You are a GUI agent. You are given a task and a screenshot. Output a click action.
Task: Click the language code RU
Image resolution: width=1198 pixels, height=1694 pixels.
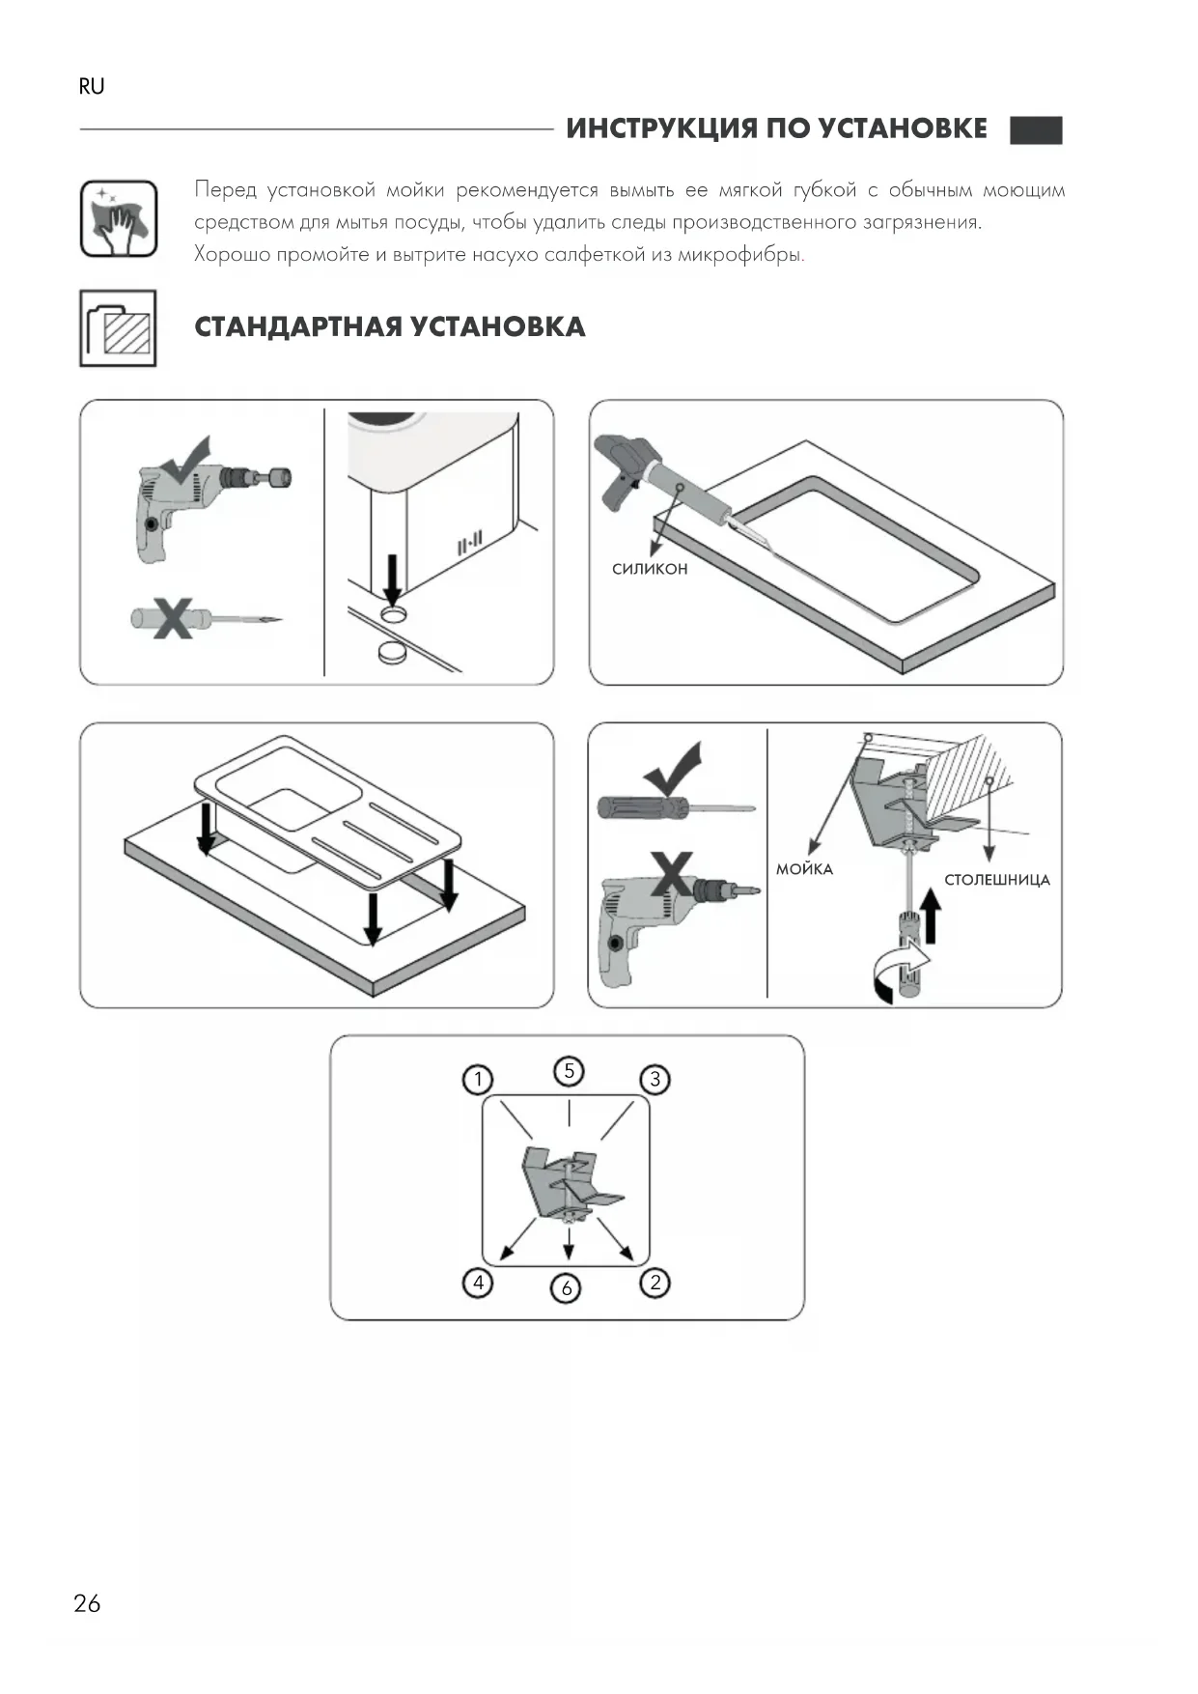(x=91, y=87)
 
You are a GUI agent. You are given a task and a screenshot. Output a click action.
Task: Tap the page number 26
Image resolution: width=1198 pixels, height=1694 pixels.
(x=87, y=1603)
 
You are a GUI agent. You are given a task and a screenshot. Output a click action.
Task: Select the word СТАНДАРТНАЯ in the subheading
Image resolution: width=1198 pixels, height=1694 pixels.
(x=297, y=326)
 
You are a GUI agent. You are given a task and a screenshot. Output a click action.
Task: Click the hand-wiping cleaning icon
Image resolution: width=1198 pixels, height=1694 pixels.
(x=118, y=218)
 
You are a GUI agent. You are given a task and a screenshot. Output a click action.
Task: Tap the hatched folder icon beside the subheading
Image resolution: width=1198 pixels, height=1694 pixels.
(x=118, y=328)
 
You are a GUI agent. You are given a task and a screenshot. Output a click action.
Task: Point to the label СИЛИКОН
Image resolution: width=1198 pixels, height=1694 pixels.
(x=650, y=570)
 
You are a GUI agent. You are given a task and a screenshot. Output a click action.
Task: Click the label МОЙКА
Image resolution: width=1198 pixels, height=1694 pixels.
(x=804, y=869)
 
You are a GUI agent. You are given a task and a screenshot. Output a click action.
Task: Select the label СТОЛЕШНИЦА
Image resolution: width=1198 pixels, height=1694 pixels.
(x=996, y=880)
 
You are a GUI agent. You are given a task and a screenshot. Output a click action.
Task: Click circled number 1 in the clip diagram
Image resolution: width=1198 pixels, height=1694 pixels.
(x=478, y=1079)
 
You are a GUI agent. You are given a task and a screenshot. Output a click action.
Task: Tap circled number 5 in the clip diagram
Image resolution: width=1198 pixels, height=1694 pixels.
(x=569, y=1070)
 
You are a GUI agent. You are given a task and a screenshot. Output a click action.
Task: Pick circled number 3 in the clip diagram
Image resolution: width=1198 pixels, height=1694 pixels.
(x=655, y=1079)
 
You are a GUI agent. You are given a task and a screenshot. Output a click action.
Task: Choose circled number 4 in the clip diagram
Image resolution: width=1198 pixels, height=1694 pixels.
(x=478, y=1283)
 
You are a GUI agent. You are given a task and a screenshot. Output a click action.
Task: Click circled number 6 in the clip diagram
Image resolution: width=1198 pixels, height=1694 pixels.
(x=567, y=1287)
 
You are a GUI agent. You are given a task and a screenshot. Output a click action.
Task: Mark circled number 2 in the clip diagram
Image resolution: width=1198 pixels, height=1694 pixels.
(x=655, y=1283)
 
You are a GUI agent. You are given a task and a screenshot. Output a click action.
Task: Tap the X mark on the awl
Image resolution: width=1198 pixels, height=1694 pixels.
(x=173, y=618)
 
